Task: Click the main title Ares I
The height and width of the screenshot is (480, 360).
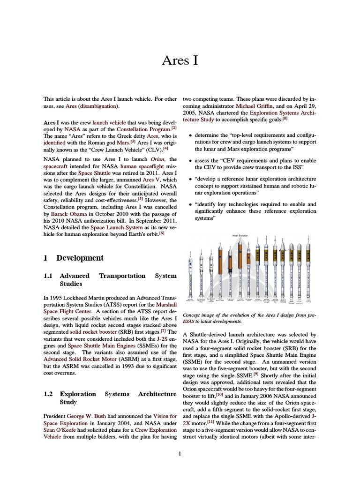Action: [180, 60]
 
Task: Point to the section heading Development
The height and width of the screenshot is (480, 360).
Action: [80, 258]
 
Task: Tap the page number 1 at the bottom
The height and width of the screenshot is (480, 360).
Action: [180, 453]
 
